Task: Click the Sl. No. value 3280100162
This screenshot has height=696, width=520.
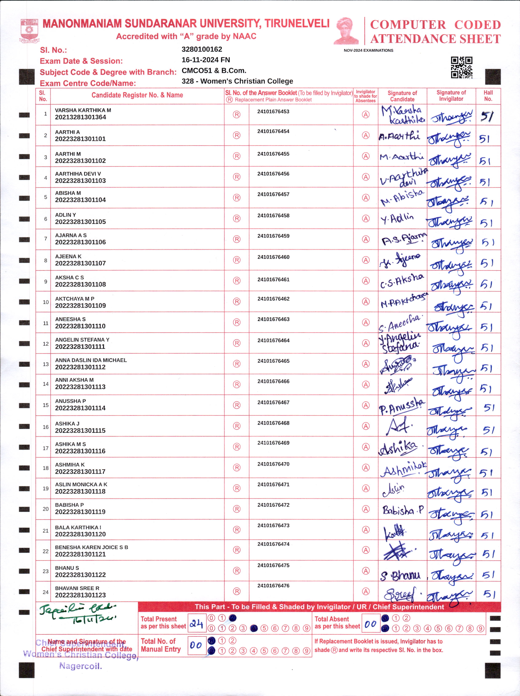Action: pos(202,50)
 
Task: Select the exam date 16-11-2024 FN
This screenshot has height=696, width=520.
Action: pos(206,60)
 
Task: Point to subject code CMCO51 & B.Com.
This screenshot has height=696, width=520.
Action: pos(214,71)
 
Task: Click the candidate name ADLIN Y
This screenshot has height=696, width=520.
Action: pos(66,215)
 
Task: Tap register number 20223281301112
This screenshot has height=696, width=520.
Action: pos(80,367)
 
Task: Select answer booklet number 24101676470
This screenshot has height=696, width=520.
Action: pos(273,464)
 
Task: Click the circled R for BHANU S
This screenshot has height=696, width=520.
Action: pos(236,570)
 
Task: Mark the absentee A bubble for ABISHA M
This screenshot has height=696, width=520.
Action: pos(365,198)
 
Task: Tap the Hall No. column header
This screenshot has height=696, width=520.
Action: pos(488,96)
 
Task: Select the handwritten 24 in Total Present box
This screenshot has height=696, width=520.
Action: pos(196,623)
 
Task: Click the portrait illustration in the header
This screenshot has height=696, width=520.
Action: pos(346,31)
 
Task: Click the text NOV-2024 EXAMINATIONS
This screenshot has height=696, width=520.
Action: pos(368,50)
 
